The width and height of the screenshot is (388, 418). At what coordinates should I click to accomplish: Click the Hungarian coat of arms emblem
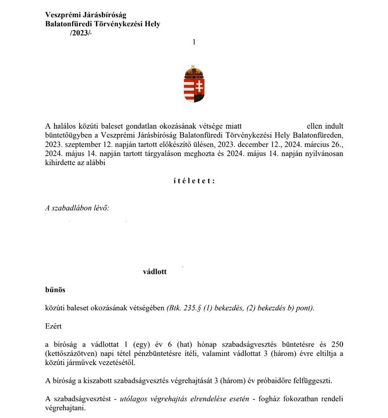click(194, 84)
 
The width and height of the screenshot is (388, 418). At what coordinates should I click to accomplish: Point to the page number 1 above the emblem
click(194, 42)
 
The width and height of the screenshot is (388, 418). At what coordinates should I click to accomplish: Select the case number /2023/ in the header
click(81, 33)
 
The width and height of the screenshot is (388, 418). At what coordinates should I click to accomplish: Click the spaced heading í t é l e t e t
click(194, 181)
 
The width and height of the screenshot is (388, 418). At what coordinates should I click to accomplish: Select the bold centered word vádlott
click(155, 272)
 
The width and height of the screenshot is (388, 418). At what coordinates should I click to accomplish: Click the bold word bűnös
click(56, 290)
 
